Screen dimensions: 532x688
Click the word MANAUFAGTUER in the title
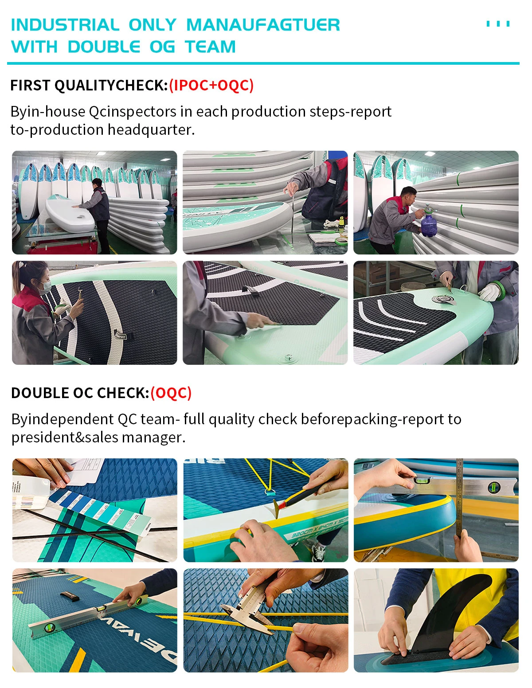tap(263, 25)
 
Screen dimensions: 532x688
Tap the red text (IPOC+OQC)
tap(211, 85)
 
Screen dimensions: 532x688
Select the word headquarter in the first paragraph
tap(151, 130)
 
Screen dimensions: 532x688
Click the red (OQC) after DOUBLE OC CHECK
tap(171, 393)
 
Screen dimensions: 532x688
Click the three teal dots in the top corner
tap(498, 24)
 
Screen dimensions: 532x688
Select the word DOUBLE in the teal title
tap(104, 47)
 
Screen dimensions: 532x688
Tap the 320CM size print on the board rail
tap(302, 533)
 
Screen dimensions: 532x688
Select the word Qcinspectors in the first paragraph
tap(132, 112)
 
